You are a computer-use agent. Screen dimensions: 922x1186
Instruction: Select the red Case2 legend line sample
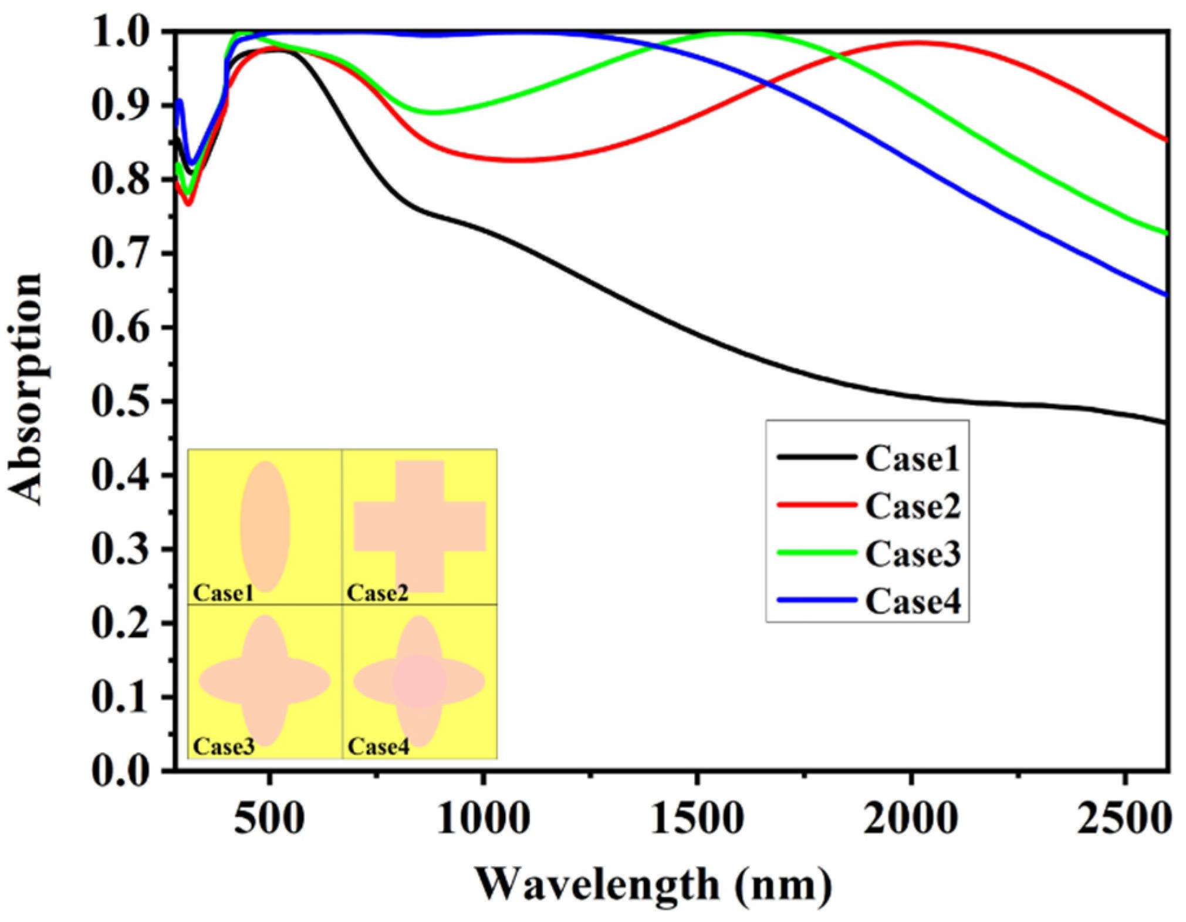pos(816,505)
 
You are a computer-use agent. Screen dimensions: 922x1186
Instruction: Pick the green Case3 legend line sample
pos(816,553)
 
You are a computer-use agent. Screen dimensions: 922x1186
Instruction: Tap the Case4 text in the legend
pos(913,601)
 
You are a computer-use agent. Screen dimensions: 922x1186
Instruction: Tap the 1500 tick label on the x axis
pos(697,818)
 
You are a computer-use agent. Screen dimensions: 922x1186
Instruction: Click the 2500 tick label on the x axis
pos(1124,818)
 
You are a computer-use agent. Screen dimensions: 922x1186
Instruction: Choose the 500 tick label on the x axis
pos(269,818)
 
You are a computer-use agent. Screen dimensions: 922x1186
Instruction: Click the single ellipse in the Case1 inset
pos(265,526)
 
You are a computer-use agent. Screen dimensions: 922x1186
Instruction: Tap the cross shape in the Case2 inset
pos(420,526)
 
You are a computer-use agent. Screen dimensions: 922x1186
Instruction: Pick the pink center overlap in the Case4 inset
pos(419,681)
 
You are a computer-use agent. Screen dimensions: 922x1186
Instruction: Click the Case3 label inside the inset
pos(224,746)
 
